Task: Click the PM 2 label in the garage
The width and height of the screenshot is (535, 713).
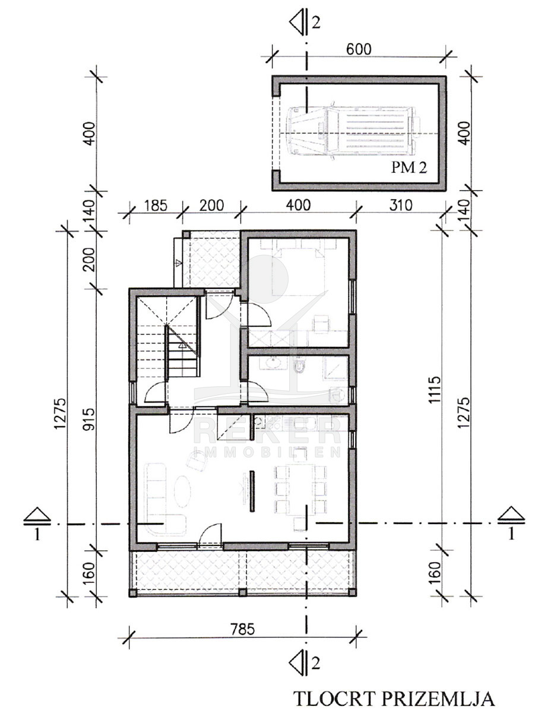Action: point(409,168)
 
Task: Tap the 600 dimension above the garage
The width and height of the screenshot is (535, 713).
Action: point(359,49)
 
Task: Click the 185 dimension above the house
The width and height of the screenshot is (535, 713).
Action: point(156,206)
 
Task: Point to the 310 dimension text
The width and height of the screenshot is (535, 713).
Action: point(401,206)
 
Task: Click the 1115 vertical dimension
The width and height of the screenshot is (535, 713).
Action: point(435,389)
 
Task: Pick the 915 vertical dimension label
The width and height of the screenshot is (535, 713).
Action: point(89,419)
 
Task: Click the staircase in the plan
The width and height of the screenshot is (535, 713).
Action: point(166,336)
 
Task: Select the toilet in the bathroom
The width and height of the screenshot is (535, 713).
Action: point(299,366)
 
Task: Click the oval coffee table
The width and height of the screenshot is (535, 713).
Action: point(183,491)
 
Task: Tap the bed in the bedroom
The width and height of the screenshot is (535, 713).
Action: point(298,271)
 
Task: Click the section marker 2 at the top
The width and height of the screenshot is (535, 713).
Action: point(305,22)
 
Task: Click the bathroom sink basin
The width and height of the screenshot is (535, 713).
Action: point(273,362)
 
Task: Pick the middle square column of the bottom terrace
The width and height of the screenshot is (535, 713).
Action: point(242,592)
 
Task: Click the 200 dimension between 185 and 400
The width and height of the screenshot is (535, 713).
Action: point(211,206)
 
